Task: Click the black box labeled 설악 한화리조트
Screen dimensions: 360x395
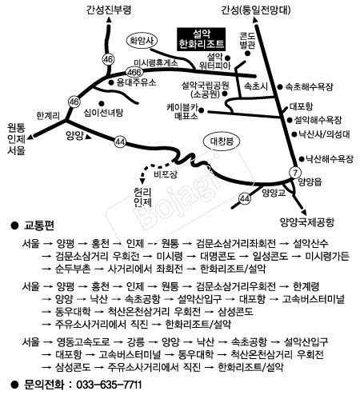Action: (202, 39)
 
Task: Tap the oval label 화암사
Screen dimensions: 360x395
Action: (142, 41)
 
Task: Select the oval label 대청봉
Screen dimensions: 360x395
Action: (222, 142)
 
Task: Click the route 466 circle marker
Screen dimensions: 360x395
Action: (134, 72)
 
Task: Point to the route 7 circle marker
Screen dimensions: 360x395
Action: (295, 173)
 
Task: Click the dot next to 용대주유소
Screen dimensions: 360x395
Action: (111, 82)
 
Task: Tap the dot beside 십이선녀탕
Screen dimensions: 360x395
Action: (101, 103)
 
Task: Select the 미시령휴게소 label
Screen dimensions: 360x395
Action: (156, 62)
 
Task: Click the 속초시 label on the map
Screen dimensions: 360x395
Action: (256, 86)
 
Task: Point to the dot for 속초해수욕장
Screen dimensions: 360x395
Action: (280, 86)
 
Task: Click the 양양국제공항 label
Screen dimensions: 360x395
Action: (307, 222)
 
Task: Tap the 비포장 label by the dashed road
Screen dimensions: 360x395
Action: (166, 174)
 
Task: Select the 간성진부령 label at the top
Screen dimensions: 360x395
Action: (109, 10)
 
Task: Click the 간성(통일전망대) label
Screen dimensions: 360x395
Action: (255, 10)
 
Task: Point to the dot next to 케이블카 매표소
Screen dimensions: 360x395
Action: (202, 110)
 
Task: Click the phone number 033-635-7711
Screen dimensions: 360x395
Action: (109, 385)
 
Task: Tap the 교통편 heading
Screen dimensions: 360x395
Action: (39, 225)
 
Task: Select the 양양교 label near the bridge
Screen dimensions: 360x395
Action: (274, 193)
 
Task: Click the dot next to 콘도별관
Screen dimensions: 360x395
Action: (247, 54)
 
